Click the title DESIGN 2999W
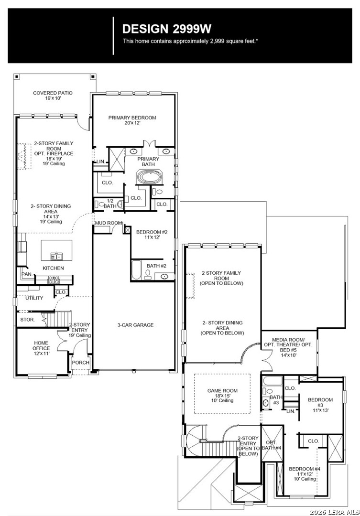167,29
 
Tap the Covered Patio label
53,96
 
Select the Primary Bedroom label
132,120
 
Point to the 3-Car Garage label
135,325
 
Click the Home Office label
41,348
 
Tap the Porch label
81,362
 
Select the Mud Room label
109,223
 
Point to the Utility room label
34,298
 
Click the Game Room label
222,396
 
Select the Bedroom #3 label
320,405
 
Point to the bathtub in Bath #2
136,270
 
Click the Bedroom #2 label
152,234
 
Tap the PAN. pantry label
26,274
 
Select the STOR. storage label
27,320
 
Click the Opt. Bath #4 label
272,445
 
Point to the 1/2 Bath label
110,204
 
